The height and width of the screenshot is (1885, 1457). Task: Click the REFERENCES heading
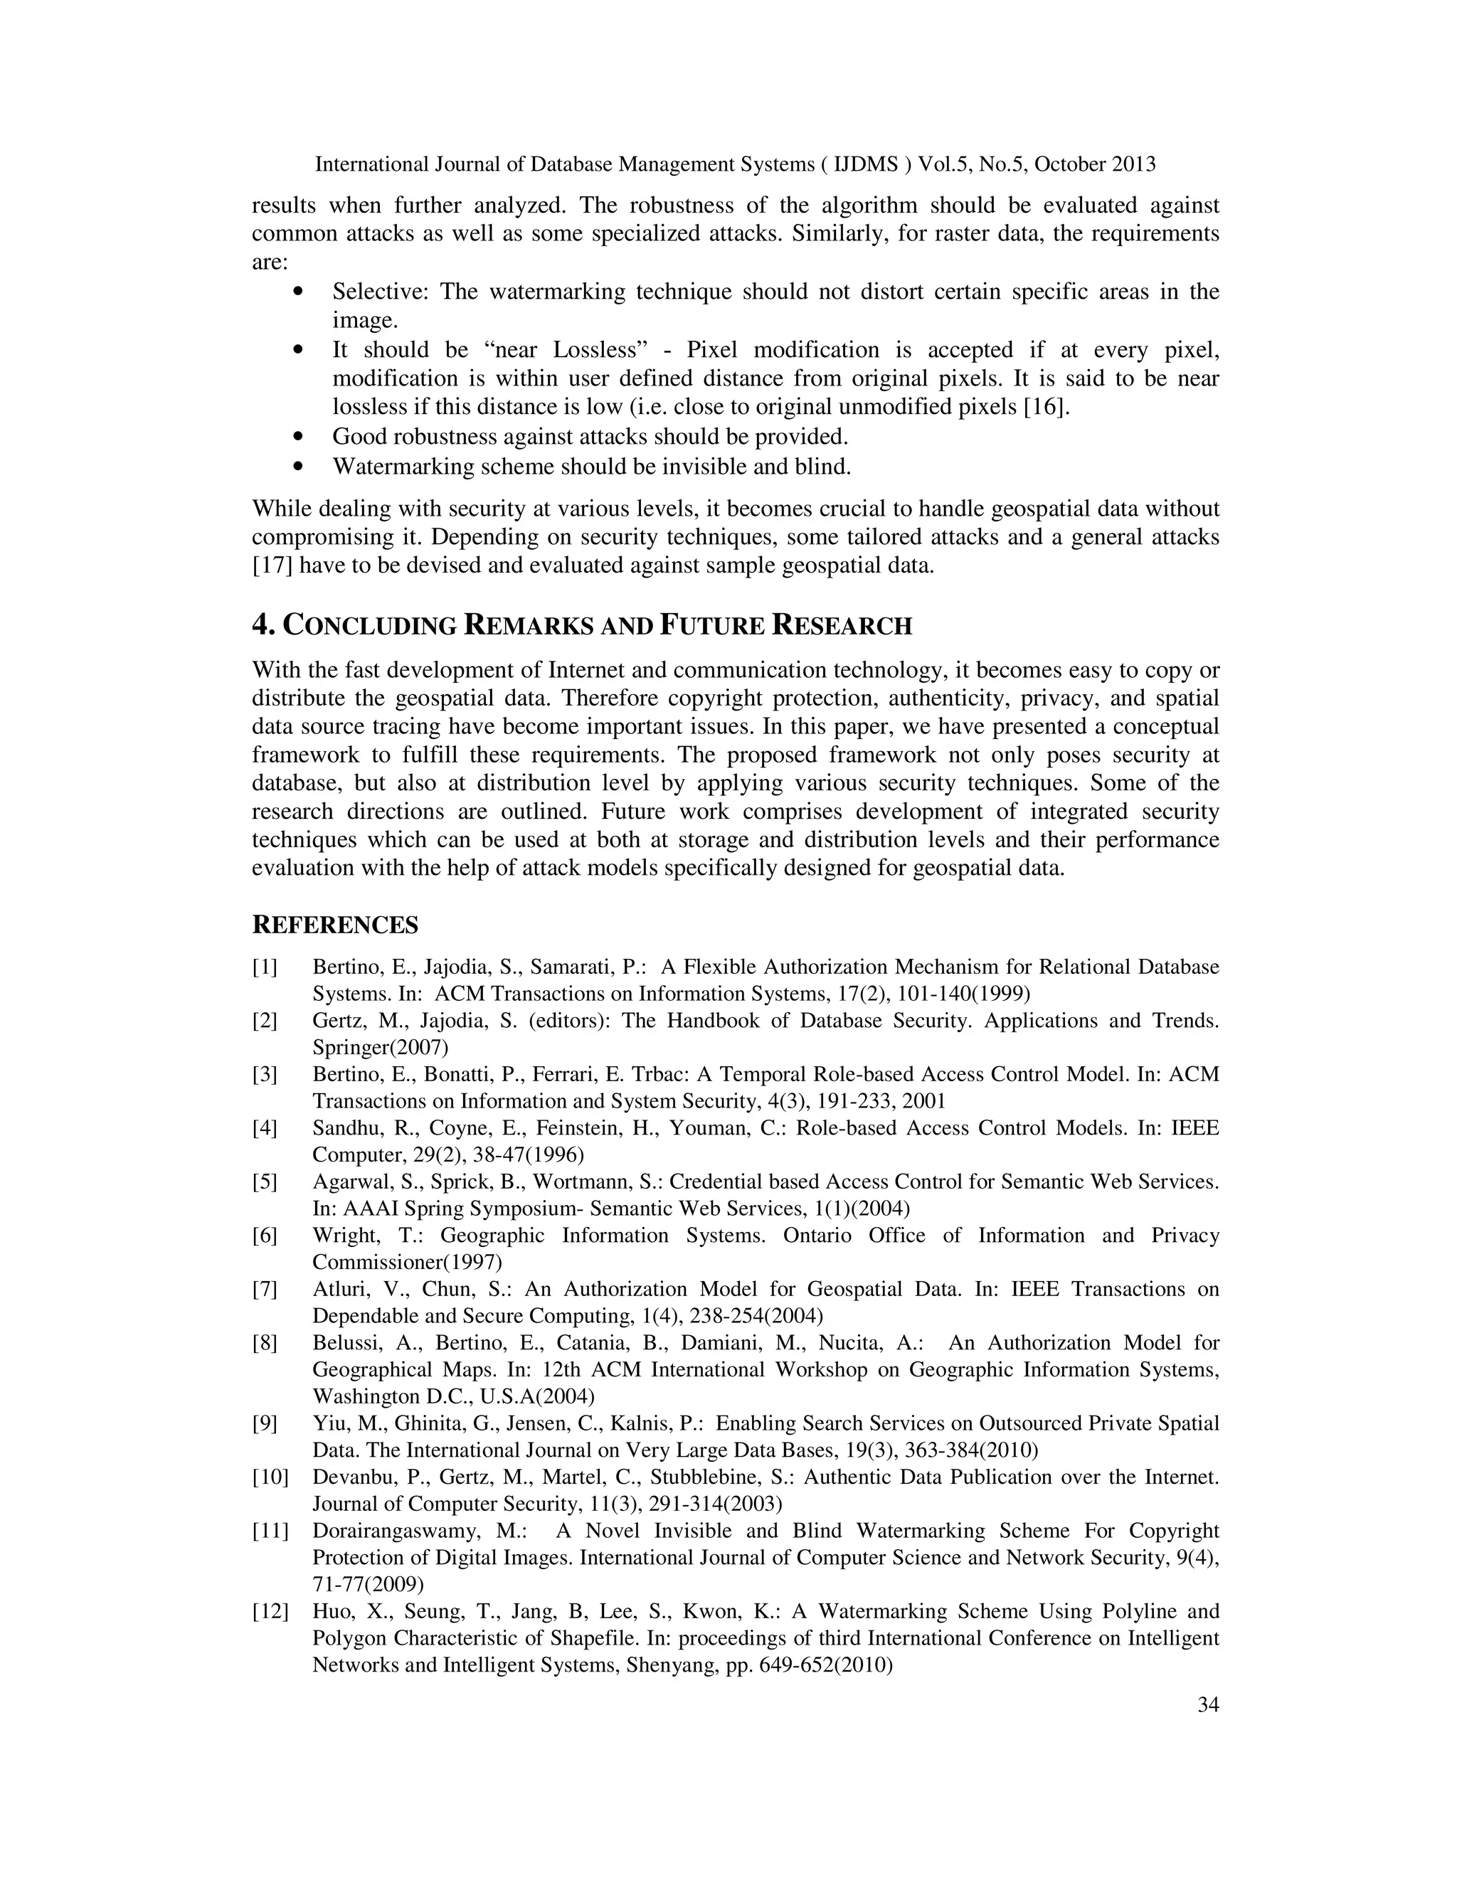[335, 925]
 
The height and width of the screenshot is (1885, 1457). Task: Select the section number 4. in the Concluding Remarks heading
[263, 625]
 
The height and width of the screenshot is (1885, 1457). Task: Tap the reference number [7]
[264, 1290]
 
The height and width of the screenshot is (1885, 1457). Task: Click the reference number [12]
[270, 1611]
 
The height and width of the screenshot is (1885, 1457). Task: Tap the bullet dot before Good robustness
[299, 437]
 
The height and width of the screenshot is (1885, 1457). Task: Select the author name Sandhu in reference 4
[343, 1128]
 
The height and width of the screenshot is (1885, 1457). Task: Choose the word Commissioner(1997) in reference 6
[406, 1262]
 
